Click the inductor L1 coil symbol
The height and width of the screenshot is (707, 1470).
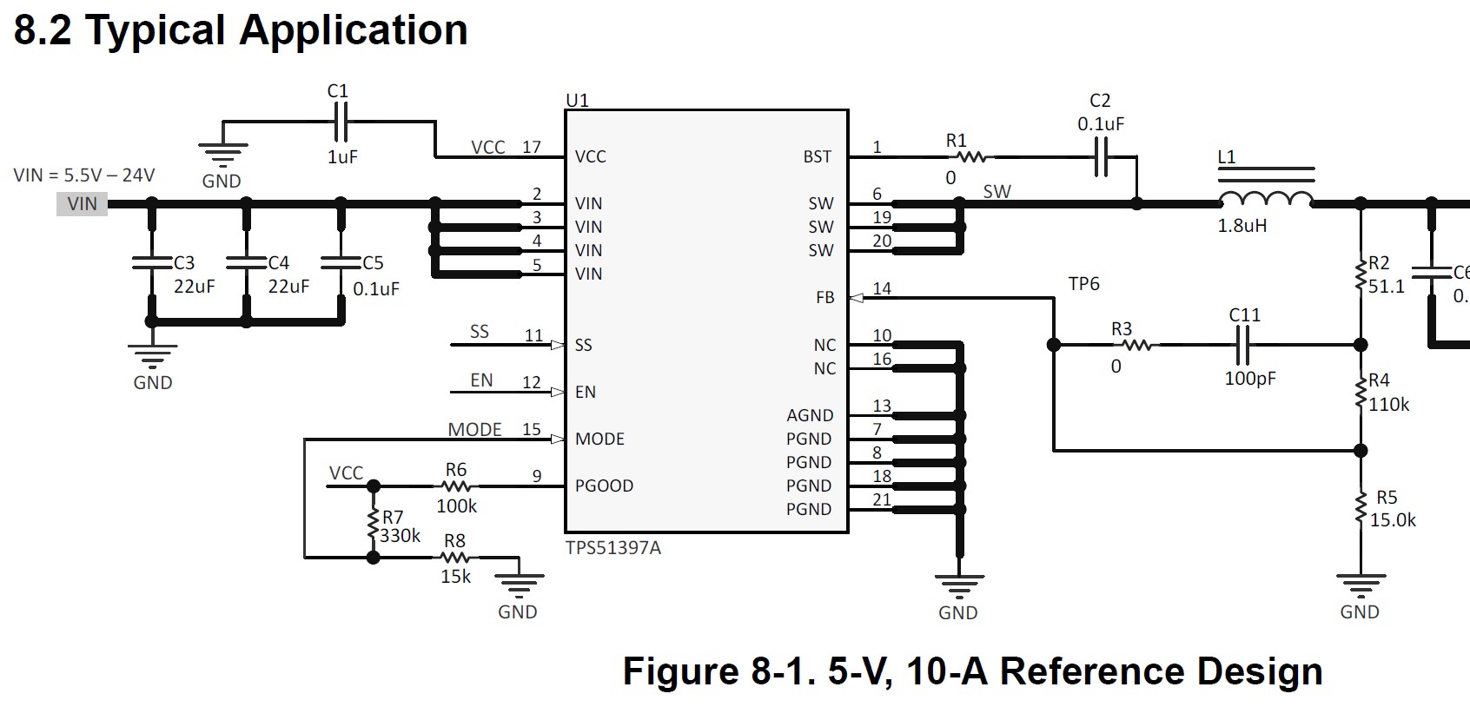pyautogui.click(x=1266, y=200)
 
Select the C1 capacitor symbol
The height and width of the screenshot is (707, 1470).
pyautogui.click(x=339, y=121)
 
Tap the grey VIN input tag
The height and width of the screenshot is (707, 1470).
pyautogui.click(x=83, y=204)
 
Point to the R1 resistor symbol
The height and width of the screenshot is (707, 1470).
pyautogui.click(x=971, y=157)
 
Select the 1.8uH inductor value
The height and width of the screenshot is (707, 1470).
pyautogui.click(x=1242, y=226)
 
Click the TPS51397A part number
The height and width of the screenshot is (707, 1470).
pyautogui.click(x=612, y=548)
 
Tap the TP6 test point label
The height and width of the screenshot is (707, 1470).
pyautogui.click(x=1083, y=284)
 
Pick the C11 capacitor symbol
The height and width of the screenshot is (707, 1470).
pyautogui.click(x=1242, y=345)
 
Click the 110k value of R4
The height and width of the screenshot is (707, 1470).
pyautogui.click(x=1389, y=405)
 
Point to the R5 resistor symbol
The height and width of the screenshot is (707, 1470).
pyautogui.click(x=1361, y=508)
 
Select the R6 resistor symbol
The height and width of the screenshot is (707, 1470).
pyautogui.click(x=455, y=486)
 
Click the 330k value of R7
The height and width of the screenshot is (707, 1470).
pyautogui.click(x=400, y=536)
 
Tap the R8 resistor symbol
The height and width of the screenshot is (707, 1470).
pyautogui.click(x=455, y=558)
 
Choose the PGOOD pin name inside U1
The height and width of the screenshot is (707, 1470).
pyautogui.click(x=604, y=486)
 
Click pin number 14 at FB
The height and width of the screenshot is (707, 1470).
pyautogui.click(x=882, y=288)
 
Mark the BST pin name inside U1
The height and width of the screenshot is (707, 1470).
pyautogui.click(x=818, y=157)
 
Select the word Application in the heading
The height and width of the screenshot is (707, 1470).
pyautogui.click(x=353, y=30)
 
